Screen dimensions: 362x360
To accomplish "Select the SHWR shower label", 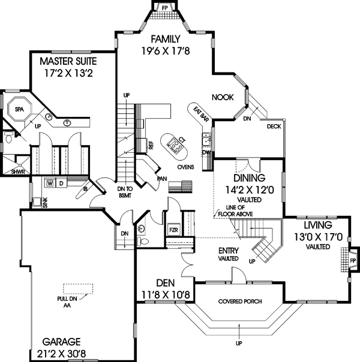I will (x=17, y=171).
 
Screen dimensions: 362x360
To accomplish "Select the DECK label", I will (x=274, y=126).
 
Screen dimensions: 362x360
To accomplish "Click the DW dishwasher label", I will (x=206, y=152).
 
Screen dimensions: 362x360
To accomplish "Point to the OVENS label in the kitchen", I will (x=185, y=167).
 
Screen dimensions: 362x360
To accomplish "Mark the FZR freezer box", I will (x=173, y=230).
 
